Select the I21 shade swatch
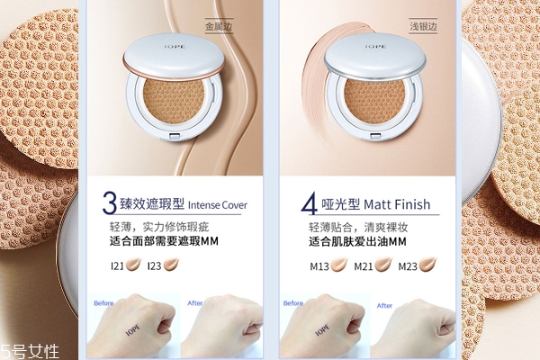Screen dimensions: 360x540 click(134, 265)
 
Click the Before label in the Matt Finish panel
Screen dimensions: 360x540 click(292, 303)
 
